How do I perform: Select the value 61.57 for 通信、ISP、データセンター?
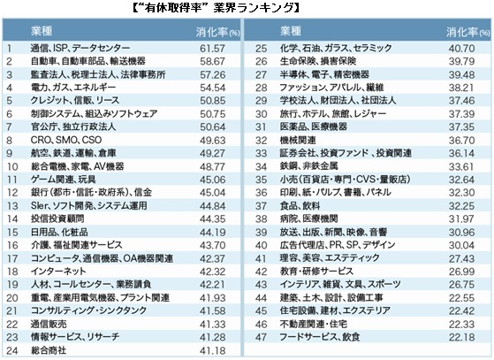point(212,49)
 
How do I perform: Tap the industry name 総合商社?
point(49,350)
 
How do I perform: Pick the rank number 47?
point(261,337)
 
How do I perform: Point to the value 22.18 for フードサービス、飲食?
point(461,337)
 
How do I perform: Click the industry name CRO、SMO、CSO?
point(66,140)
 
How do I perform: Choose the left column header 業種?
point(42,31)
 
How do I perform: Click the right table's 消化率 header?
point(467,32)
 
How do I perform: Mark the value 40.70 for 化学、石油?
point(461,49)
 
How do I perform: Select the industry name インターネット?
point(58,271)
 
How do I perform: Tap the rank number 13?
point(12,206)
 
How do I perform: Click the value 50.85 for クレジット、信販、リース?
point(212,101)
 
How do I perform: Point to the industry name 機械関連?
point(298,140)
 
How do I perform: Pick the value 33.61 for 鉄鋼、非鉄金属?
point(461,166)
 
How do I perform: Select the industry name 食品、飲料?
point(300,206)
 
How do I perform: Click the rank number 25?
point(261,49)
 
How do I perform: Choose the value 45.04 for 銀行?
point(212,192)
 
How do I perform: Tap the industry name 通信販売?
point(49,324)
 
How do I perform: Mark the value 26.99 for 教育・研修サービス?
point(461,271)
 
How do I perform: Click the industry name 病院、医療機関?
point(308,218)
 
